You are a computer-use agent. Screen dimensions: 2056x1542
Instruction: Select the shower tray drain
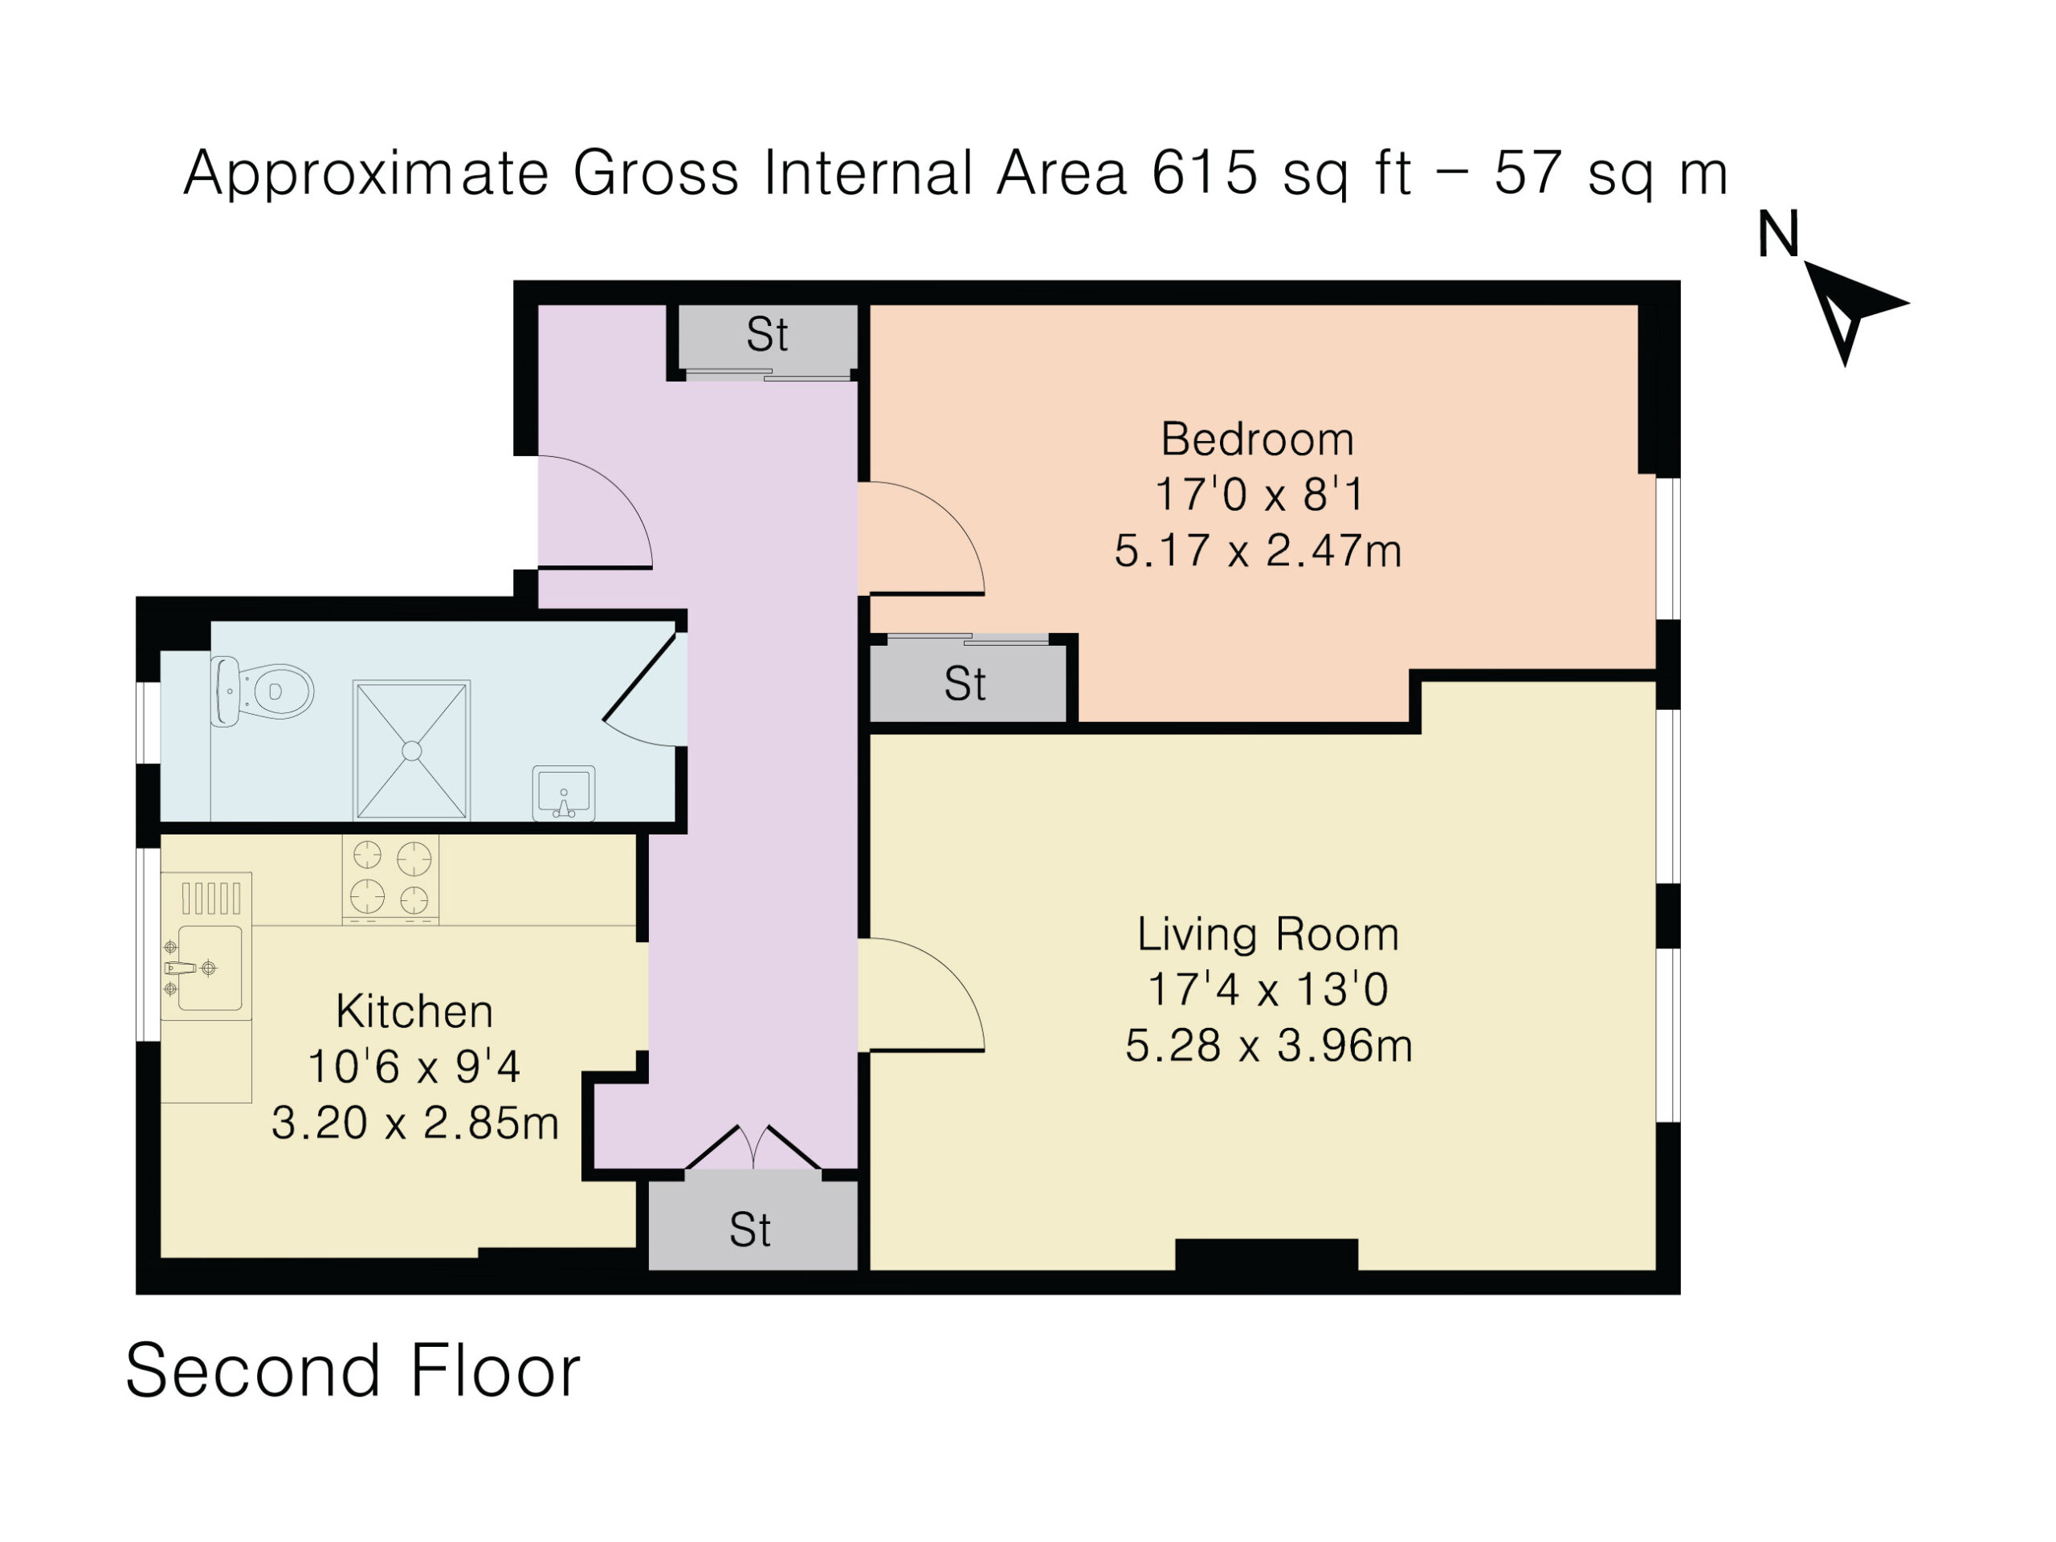(412, 751)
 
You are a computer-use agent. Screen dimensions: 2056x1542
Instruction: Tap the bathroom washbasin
(563, 793)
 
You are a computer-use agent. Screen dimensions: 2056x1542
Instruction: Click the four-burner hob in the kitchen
(390, 879)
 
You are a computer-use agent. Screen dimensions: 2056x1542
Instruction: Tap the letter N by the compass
(1778, 235)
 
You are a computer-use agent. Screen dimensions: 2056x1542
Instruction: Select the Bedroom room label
(1257, 439)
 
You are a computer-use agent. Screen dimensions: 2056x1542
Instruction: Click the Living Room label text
(1268, 934)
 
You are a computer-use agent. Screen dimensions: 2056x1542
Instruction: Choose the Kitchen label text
(414, 1011)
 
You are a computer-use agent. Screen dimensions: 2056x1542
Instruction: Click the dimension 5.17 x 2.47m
(1258, 550)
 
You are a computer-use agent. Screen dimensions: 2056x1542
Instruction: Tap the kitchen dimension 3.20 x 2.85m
(414, 1123)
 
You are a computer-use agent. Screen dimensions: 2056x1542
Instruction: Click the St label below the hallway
(750, 1230)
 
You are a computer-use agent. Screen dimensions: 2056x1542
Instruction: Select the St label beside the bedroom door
(965, 684)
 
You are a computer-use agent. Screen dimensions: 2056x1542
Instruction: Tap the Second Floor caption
(353, 1371)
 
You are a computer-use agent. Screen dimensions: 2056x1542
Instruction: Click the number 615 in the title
(1205, 172)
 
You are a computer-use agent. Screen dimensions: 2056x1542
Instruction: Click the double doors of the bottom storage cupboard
(753, 1148)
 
